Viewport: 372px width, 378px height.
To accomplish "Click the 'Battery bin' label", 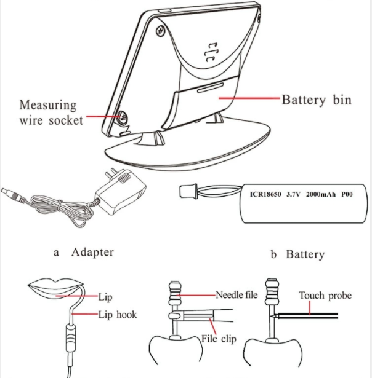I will [x=316, y=99].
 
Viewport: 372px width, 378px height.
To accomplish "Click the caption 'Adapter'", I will [x=92, y=252].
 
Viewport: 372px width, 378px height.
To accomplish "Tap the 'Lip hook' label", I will [x=118, y=315].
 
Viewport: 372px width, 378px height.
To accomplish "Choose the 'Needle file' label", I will [x=237, y=295].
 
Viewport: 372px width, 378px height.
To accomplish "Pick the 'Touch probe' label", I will [x=325, y=296].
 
